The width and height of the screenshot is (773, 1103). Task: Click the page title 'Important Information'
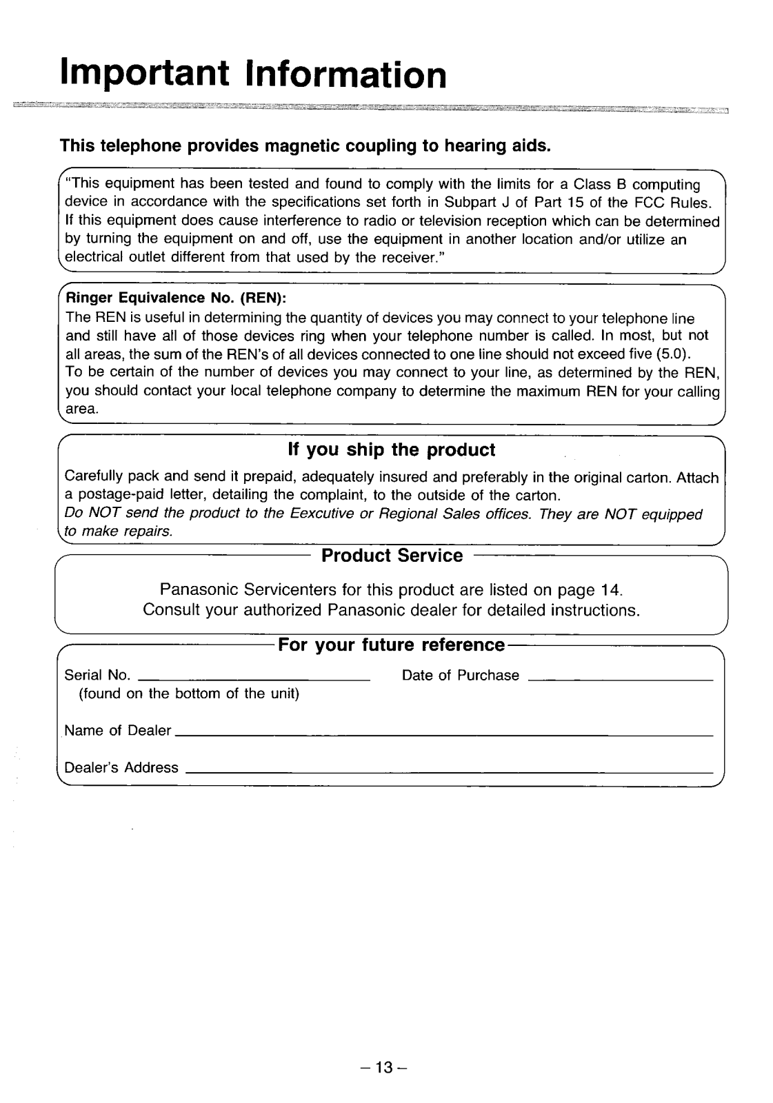click(x=253, y=74)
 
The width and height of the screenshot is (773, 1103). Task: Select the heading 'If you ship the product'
click(x=391, y=450)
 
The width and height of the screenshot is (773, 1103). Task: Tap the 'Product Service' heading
click(x=392, y=556)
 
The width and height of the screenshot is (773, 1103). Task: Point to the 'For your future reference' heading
click(x=391, y=645)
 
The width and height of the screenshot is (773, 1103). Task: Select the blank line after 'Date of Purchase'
click(x=619, y=679)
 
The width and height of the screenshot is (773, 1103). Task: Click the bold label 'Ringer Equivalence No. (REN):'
click(x=176, y=299)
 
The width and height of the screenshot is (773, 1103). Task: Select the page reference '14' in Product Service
click(x=610, y=591)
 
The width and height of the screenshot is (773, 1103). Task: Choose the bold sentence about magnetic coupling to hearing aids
click(x=306, y=146)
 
